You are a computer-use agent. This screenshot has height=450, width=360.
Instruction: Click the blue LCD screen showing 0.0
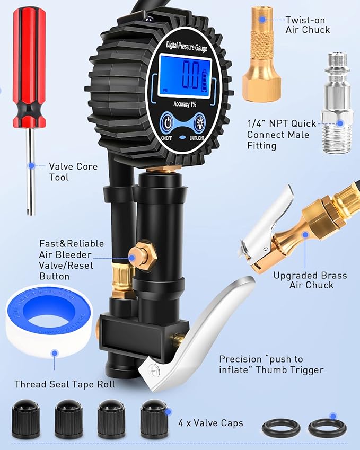tap(189, 77)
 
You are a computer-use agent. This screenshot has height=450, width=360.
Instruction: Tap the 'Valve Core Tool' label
tap(73, 172)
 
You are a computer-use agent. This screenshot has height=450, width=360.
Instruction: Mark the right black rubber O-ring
tap(327, 428)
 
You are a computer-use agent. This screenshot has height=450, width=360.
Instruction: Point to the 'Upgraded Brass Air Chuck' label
tap(310, 280)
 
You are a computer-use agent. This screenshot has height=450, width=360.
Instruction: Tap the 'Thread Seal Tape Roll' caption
tap(65, 384)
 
